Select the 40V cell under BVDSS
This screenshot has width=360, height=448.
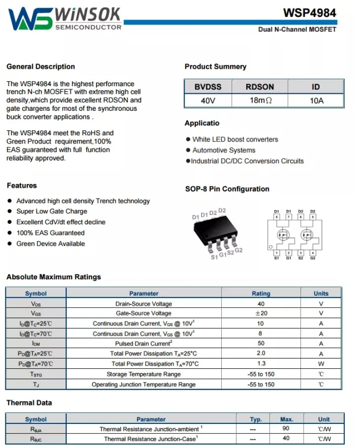(208, 101)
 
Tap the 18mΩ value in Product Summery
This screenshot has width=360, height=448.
(261, 101)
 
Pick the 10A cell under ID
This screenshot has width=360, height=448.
(316, 101)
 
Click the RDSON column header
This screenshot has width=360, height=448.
(260, 87)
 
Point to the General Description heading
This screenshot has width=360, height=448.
(40, 67)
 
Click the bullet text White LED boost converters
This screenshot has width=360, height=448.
(235, 140)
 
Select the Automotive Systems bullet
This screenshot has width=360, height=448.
(223, 150)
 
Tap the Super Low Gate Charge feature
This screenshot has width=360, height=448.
(51, 211)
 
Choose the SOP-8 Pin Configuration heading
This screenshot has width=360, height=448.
(227, 189)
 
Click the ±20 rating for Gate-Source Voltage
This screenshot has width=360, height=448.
(261, 313)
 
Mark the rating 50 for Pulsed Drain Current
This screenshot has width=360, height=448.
(261, 344)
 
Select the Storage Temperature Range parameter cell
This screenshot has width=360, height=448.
(144, 374)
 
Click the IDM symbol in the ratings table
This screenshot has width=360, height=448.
(36, 344)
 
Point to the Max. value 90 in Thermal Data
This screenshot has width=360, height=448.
(286, 429)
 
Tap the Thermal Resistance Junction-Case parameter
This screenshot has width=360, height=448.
(151, 439)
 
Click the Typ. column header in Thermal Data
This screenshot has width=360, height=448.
(256, 419)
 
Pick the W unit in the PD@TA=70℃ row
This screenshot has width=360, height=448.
(321, 364)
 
